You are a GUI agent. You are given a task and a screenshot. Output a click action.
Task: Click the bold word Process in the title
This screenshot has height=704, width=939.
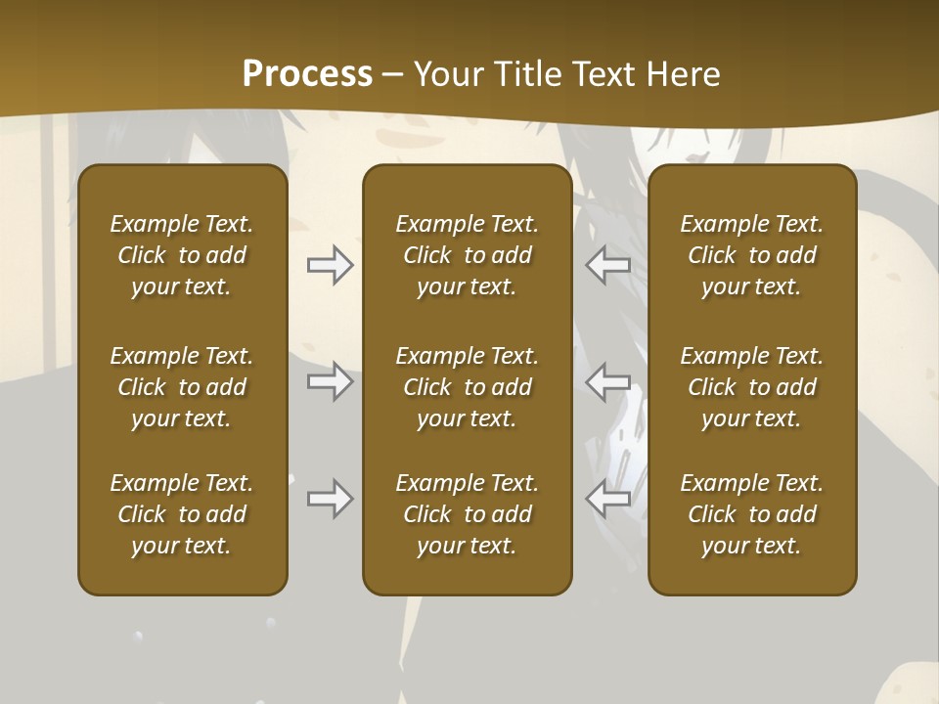(x=307, y=74)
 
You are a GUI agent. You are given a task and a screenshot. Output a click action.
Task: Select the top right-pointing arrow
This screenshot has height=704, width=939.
(x=330, y=265)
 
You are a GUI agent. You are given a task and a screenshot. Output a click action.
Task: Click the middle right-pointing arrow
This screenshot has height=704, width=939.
(x=330, y=381)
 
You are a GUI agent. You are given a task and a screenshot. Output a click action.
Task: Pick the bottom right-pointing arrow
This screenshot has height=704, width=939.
(x=330, y=500)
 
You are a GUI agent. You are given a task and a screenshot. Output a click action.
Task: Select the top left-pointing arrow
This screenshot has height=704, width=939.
(x=608, y=265)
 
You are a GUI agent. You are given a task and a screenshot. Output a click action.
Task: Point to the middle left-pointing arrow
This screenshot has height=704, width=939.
(x=608, y=381)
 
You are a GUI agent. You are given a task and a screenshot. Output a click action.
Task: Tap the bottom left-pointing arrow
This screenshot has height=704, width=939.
(x=608, y=500)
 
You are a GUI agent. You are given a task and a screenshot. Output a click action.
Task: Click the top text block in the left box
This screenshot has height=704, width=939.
(x=182, y=255)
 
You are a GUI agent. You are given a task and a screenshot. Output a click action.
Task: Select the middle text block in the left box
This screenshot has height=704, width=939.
(x=182, y=387)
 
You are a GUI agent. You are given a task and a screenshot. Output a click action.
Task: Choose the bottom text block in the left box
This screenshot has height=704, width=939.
(x=182, y=514)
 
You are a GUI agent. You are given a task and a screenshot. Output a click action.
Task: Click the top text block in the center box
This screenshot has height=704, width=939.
(x=467, y=255)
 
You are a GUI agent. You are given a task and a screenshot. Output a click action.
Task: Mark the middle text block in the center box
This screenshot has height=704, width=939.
(x=467, y=387)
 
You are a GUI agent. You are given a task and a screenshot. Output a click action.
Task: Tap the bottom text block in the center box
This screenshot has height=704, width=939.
(x=467, y=514)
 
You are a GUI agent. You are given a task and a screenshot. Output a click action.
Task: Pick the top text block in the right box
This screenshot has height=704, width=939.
(x=752, y=255)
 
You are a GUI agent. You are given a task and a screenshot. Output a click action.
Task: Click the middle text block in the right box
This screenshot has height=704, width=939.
(x=752, y=387)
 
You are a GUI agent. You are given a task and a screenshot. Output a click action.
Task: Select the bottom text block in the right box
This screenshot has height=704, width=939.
(x=752, y=514)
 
